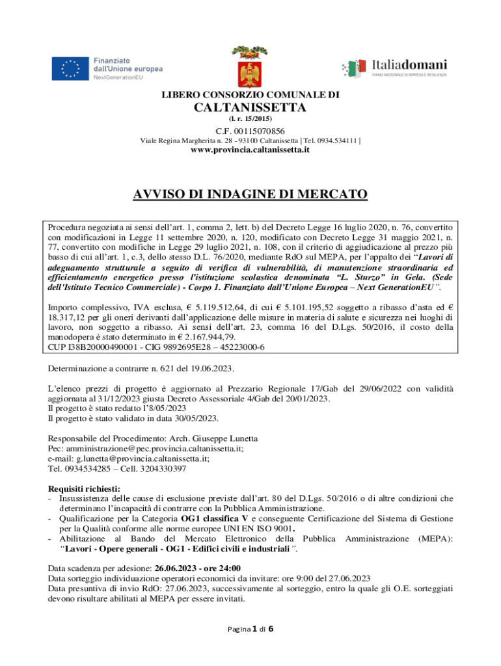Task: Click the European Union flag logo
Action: click(70, 68)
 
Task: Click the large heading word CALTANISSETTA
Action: click(251, 107)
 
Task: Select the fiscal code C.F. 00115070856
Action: click(250, 131)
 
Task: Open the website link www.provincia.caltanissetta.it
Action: click(250, 150)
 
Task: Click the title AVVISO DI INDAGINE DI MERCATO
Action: click(251, 194)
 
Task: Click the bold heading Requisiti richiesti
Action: click(85, 489)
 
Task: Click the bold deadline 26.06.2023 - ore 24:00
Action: click(198, 567)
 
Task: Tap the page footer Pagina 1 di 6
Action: click(250, 630)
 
